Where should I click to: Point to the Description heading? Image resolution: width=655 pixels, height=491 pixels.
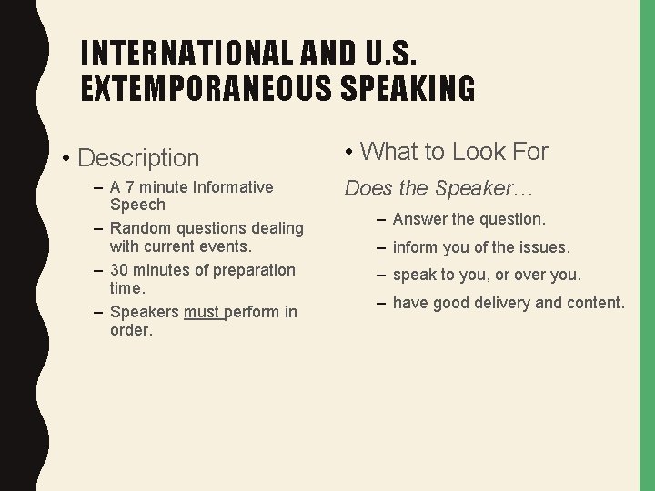(138, 157)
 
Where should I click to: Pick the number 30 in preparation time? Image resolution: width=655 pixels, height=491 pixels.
(119, 270)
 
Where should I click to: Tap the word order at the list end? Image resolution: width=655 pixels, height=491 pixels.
(130, 329)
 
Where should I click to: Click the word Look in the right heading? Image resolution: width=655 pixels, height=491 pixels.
(481, 152)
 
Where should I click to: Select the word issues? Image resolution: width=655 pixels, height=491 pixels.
(545, 246)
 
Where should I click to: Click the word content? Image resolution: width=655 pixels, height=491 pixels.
(594, 303)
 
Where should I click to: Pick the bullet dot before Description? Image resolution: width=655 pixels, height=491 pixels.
(67, 158)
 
